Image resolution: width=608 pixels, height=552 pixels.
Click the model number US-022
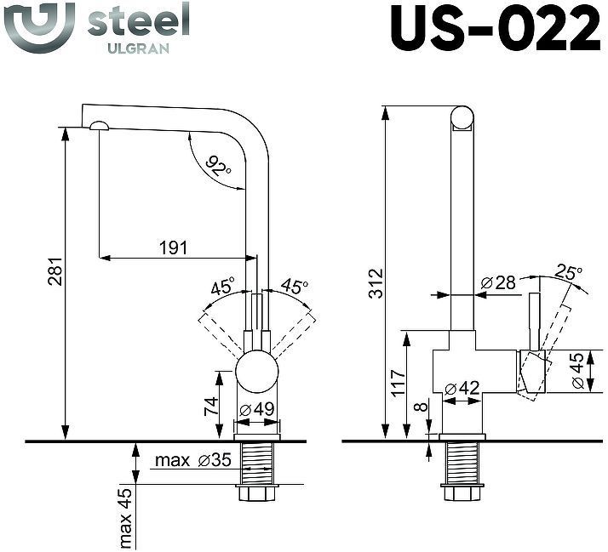click(493, 31)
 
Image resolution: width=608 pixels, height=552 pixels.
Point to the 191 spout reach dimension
click(173, 248)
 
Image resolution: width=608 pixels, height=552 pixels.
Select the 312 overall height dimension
click(376, 284)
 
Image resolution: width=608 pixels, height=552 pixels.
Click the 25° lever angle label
click(568, 273)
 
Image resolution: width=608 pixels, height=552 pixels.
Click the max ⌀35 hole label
click(192, 461)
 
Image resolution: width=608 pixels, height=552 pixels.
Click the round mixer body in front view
click(256, 373)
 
